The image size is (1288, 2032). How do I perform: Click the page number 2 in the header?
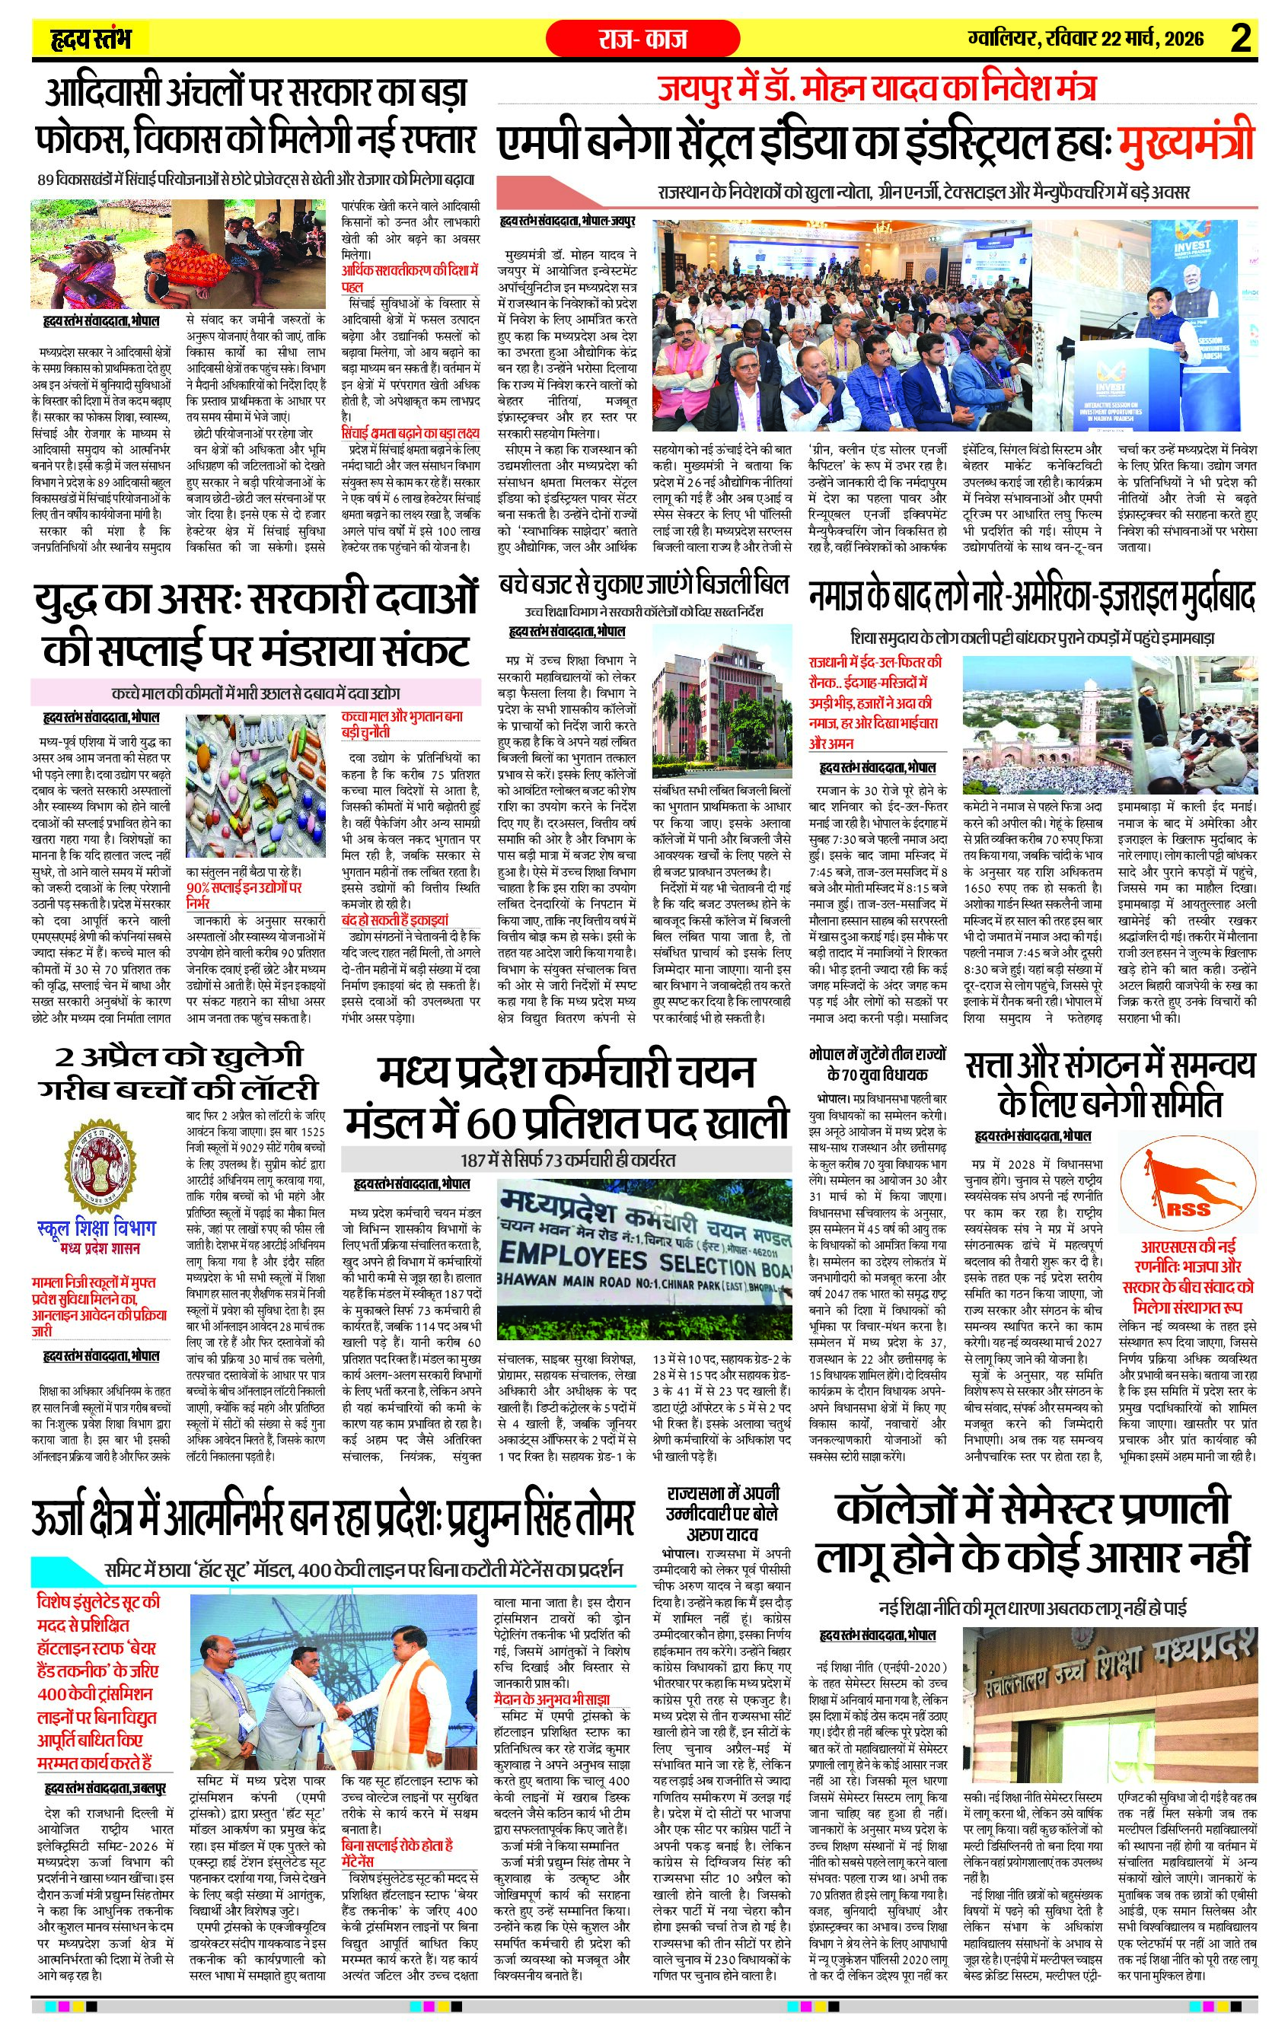1240,39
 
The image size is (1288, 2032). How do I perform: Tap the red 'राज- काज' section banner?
644,39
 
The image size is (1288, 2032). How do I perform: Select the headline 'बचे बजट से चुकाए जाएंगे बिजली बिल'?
643,584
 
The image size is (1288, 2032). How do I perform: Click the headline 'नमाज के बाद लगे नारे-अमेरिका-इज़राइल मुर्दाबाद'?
1031,597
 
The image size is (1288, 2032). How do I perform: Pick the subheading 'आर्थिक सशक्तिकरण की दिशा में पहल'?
410,278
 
